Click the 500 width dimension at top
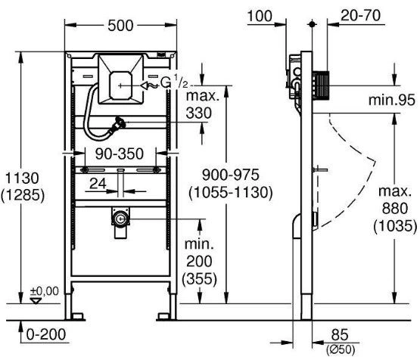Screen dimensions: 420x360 tap(120, 26)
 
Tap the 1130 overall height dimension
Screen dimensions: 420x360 tap(22, 178)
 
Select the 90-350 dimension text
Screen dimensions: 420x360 tap(120, 154)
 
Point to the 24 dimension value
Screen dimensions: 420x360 tap(98, 184)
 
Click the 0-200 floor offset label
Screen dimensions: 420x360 tap(46, 334)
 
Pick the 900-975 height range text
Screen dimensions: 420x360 tap(230, 175)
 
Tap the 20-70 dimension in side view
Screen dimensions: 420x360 tap(360, 15)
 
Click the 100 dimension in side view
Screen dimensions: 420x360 tap(260, 16)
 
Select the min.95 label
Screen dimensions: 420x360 tap(391, 100)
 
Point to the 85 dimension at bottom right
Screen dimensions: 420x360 tap(340, 334)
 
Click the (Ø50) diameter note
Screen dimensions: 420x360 tap(341, 350)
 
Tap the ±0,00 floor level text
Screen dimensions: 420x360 tap(45, 291)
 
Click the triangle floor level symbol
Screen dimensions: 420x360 tap(36, 301)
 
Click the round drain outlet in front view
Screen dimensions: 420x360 tap(120, 219)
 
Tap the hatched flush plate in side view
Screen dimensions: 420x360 tap(320, 85)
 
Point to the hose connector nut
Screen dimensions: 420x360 tap(118, 125)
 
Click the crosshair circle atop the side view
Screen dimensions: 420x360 tap(312, 24)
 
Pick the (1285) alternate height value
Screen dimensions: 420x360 tap(23, 195)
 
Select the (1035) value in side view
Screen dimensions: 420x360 tap(395, 226)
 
